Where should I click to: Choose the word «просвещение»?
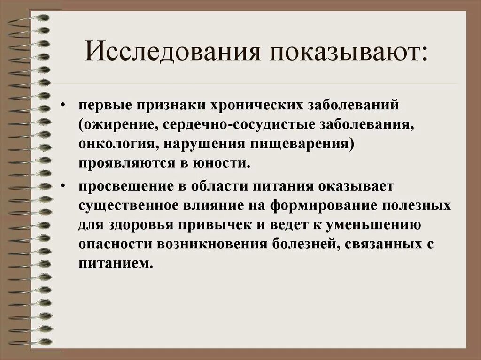click(x=120, y=186)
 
